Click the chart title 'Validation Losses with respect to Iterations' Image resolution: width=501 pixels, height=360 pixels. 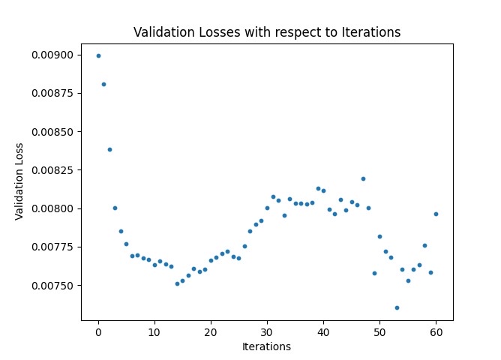tap(267, 32)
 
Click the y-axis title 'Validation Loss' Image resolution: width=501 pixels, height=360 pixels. tap(19, 181)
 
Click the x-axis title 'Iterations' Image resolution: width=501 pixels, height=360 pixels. tap(267, 346)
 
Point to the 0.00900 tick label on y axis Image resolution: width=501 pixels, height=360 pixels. tap(52, 55)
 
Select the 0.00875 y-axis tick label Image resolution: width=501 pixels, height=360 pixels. tap(52, 93)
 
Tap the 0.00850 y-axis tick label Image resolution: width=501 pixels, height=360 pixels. tap(52, 131)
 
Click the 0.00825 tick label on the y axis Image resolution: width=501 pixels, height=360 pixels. tap(52, 170)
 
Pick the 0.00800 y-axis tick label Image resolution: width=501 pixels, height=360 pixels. tap(52, 208)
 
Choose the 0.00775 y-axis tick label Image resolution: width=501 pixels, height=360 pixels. tap(52, 247)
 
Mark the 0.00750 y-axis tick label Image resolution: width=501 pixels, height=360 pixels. tap(52, 286)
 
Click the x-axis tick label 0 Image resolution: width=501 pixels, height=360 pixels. tap(98, 332)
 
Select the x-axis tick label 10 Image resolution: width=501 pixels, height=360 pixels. tap(154, 332)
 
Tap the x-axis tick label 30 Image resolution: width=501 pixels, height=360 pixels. tap(267, 332)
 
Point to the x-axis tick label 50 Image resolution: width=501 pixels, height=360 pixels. tap(379, 332)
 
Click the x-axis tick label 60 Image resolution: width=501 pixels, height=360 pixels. tap(436, 332)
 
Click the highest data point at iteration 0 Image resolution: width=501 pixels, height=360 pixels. tap(98, 55)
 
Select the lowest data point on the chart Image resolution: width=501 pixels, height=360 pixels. tap(397, 307)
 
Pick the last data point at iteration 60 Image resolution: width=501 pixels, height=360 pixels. tap(436, 214)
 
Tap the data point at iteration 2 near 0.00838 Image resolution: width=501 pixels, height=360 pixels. tap(109, 149)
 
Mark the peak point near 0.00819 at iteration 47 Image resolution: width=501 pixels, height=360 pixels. tap(363, 178)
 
